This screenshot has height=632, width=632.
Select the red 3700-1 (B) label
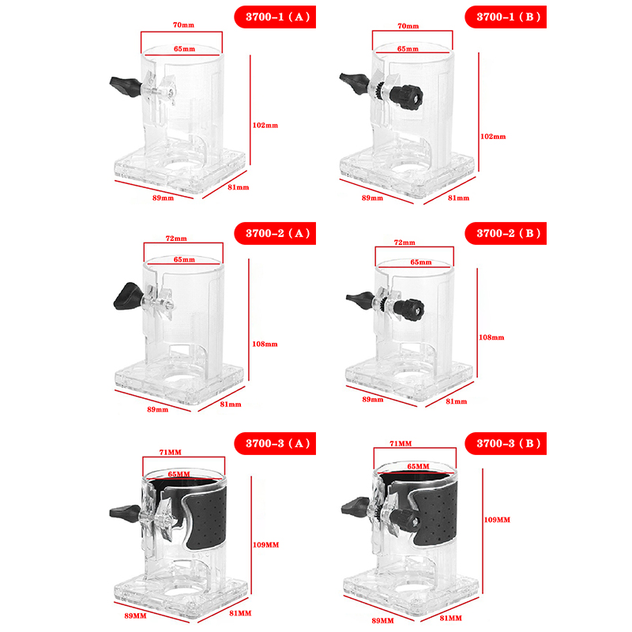pos(506,17)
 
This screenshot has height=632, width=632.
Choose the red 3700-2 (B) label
pos(506,233)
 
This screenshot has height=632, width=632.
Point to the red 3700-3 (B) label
pos(506,444)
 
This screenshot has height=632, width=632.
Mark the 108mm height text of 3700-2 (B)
pos(492,337)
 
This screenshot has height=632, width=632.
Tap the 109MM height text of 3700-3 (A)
pos(267,545)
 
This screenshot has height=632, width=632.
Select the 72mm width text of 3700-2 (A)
pos(177,238)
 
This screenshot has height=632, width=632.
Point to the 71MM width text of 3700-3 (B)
pos(401,444)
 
